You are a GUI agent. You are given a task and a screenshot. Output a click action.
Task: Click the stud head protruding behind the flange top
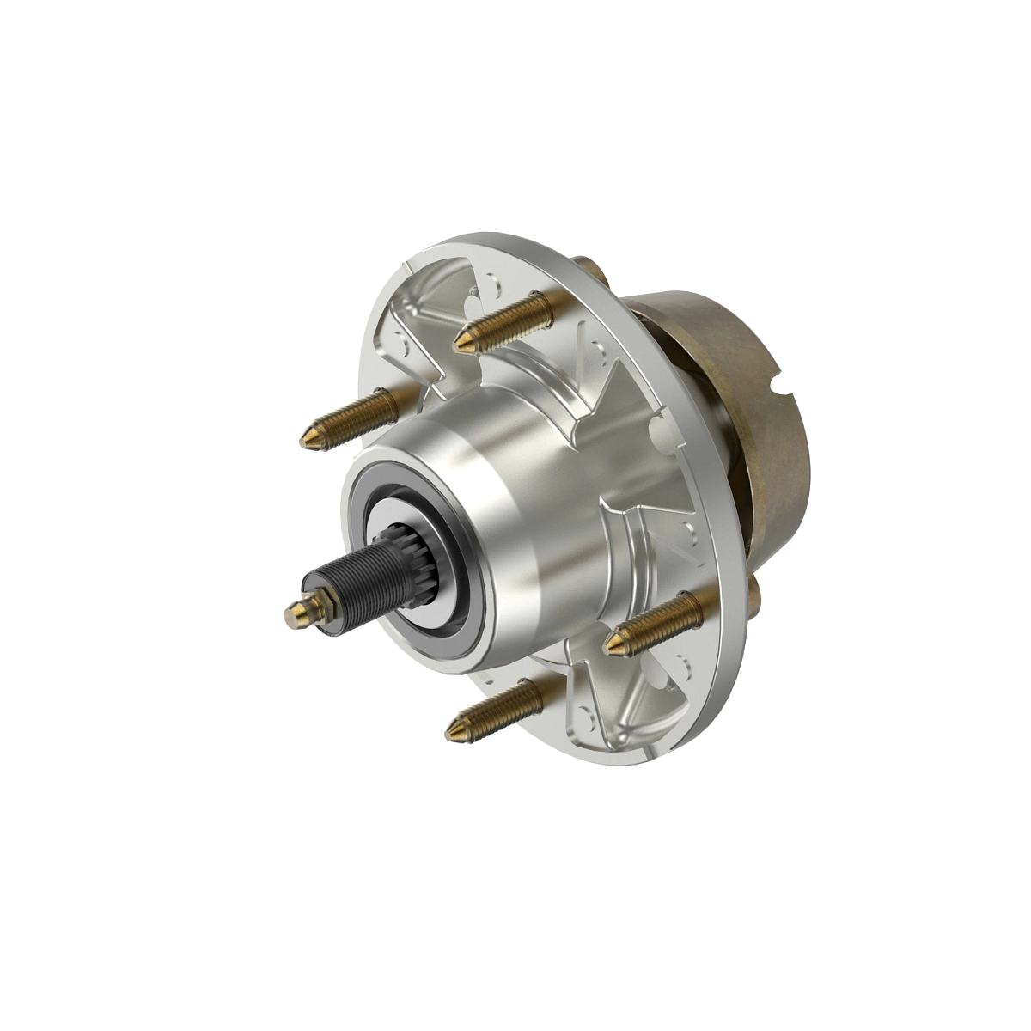591,268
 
